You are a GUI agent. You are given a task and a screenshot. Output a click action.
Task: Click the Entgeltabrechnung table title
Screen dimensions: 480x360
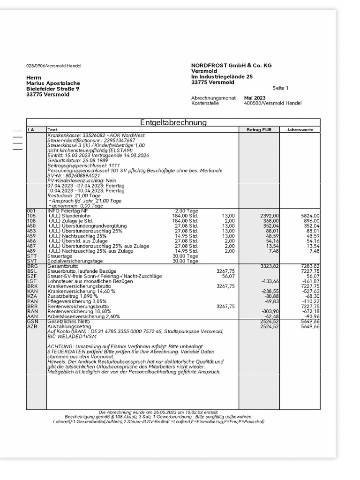tap(173, 122)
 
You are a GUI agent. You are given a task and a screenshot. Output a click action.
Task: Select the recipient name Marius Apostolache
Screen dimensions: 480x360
tap(53, 83)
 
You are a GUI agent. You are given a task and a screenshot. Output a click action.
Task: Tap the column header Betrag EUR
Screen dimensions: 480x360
tap(259, 129)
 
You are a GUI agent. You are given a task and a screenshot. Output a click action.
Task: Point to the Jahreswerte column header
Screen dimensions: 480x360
tap(300, 129)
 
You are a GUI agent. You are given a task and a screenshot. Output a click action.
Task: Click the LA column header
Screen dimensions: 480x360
tap(31, 129)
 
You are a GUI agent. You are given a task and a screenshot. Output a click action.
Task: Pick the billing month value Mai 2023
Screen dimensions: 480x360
tap(255, 98)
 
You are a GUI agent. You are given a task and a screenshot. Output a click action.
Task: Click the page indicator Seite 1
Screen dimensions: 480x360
tap(280, 88)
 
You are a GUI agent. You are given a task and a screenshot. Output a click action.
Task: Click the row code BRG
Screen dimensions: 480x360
tap(32, 266)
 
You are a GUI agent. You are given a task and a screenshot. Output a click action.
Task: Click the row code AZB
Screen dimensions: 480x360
tap(32, 326)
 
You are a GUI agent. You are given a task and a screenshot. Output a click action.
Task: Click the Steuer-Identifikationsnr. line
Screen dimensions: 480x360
tap(91, 140)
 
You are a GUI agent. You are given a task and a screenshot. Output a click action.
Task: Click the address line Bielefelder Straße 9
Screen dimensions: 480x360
tap(52, 89)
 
